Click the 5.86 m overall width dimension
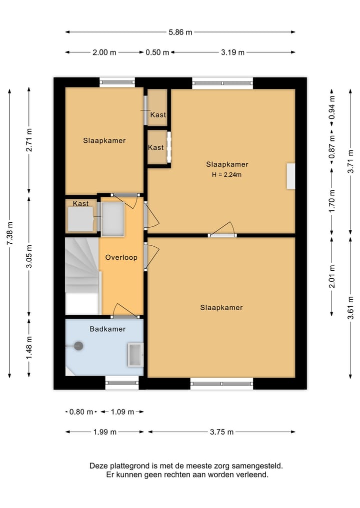[180, 32]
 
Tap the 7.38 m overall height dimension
[9, 234]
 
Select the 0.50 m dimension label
[157, 52]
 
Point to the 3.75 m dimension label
[221, 432]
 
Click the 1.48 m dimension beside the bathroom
[29, 348]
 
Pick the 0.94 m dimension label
[332, 107]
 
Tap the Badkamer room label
[107, 329]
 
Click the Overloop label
[121, 258]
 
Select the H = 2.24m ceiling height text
[226, 175]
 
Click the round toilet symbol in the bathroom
[78, 346]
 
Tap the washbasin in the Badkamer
[135, 355]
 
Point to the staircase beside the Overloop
[82, 276]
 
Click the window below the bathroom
[122, 383]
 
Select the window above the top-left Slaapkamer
[117, 82]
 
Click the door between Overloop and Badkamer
[124, 312]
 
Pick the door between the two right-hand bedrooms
[222, 230]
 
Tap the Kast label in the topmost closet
[158, 115]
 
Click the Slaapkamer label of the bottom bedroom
[221, 308]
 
